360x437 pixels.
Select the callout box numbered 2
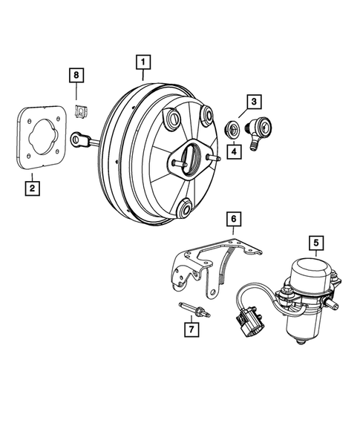click(31, 188)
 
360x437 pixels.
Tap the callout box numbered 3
click(254, 101)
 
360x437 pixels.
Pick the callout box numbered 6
click(232, 219)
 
